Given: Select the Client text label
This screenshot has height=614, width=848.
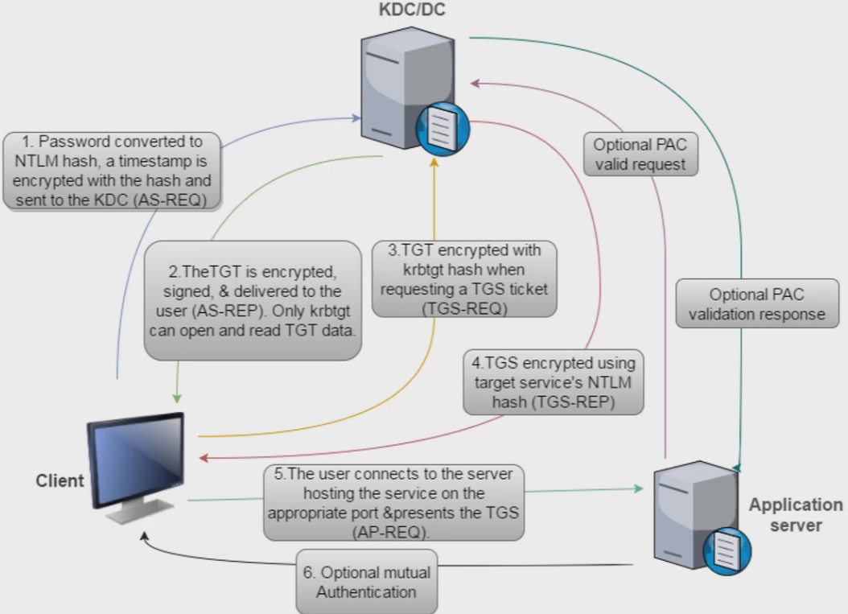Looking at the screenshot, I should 60,481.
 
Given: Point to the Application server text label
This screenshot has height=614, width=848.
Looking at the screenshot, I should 796,515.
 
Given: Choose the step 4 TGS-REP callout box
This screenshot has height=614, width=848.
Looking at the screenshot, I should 553,381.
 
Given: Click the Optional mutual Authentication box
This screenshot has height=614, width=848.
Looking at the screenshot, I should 367,583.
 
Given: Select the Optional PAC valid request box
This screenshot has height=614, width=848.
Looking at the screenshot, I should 640,155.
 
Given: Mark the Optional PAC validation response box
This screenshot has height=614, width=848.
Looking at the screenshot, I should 757,303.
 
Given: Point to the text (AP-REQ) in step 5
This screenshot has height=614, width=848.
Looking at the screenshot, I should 393,532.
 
